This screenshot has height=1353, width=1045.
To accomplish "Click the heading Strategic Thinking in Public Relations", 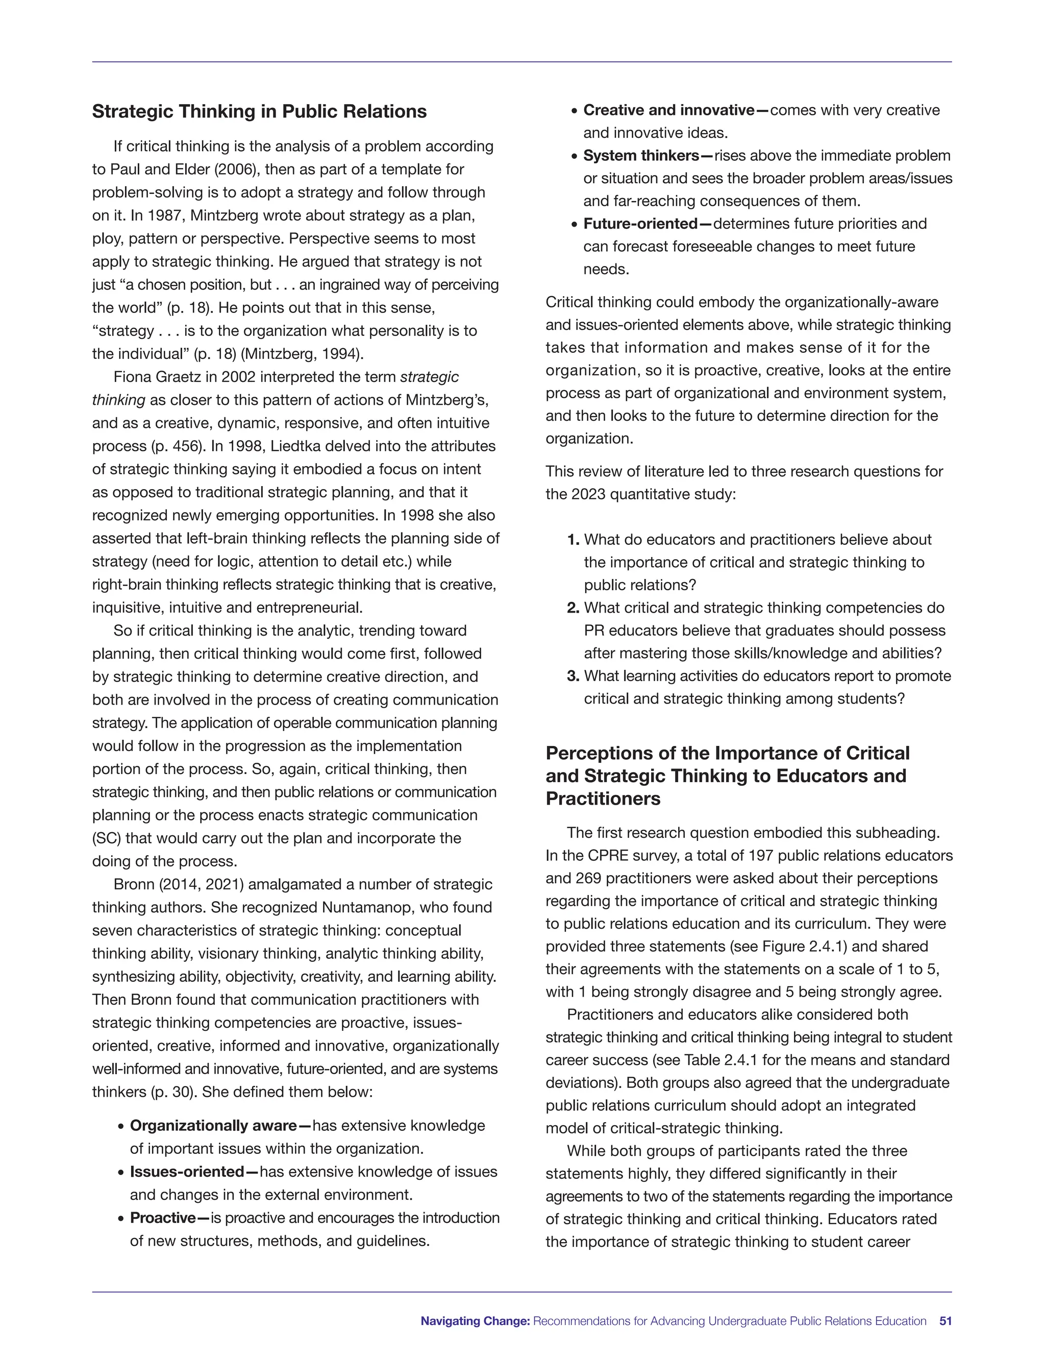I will [x=259, y=111].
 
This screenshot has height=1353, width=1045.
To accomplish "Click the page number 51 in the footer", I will [x=946, y=1321].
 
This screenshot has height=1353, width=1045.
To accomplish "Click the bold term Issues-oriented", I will [x=186, y=1171].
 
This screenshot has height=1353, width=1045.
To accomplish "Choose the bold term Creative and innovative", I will [x=668, y=110].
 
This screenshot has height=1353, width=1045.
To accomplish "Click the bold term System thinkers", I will [x=641, y=156].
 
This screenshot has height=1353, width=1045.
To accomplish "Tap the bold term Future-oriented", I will [x=640, y=224].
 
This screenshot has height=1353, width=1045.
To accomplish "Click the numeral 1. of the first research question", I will [x=573, y=540].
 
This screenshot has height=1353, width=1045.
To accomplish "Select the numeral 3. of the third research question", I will [x=573, y=676].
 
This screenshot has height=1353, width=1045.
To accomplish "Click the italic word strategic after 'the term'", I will [x=429, y=377].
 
